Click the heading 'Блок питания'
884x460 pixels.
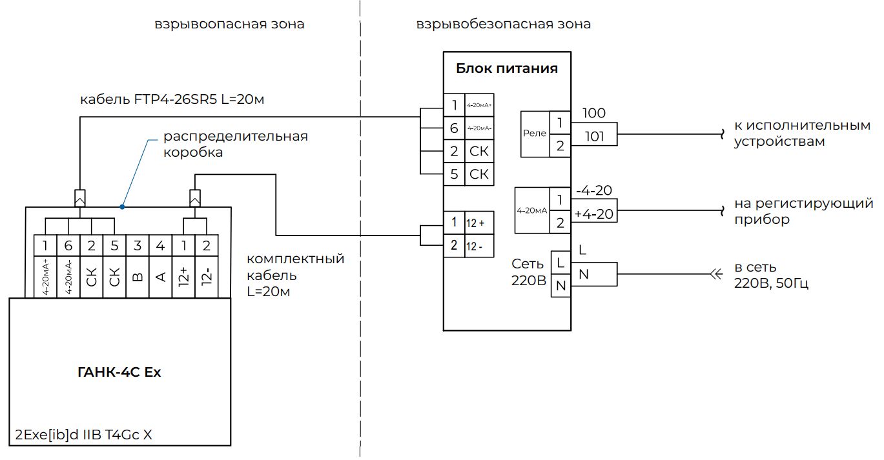point(507,68)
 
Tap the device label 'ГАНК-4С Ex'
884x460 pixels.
point(119,372)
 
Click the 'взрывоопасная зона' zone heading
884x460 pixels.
point(229,25)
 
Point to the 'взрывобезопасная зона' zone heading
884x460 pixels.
point(504,25)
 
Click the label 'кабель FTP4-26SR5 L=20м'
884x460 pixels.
point(172,100)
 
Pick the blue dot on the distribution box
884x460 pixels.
point(122,206)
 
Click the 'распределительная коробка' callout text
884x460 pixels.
point(234,145)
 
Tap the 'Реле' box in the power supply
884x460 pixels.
point(535,134)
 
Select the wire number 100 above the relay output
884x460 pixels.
point(593,114)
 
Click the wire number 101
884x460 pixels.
point(593,136)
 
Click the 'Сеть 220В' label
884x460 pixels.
point(528,273)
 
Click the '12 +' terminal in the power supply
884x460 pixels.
point(478,223)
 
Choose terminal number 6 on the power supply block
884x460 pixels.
point(454,128)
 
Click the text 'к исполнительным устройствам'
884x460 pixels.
point(802,133)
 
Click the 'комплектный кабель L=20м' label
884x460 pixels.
point(296,275)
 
